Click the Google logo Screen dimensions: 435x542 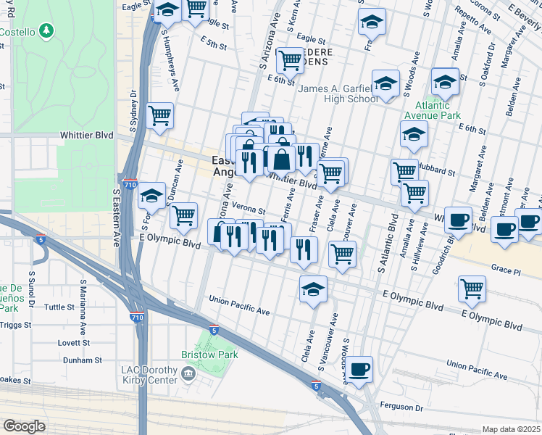[24, 426]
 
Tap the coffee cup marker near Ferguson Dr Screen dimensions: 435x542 [359, 369]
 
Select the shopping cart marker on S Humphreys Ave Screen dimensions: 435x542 [159, 115]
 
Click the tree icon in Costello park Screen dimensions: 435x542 [46, 30]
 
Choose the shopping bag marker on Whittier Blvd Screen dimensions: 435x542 [282, 159]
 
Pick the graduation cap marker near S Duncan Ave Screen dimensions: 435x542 [151, 195]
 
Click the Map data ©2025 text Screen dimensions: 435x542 [511, 429]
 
